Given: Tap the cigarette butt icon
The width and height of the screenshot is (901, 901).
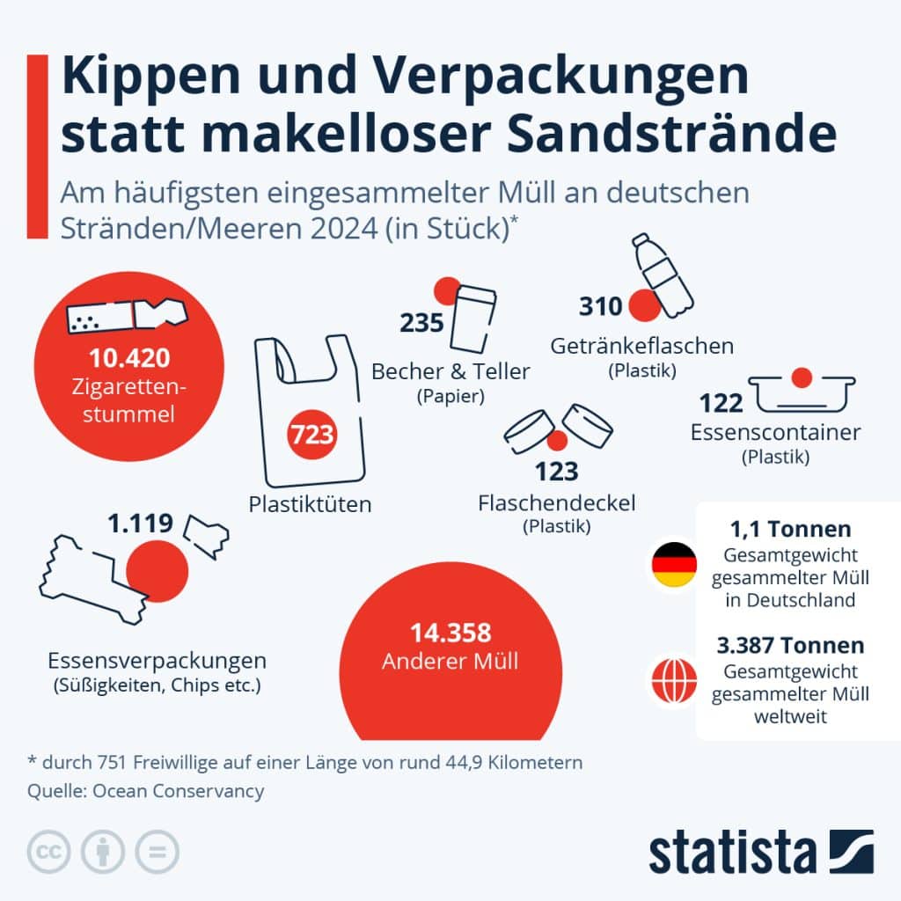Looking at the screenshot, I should pos(128,316).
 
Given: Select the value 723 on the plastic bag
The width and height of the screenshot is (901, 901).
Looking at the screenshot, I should pos(312,434).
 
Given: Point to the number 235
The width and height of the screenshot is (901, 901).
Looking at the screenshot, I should pos(421,323).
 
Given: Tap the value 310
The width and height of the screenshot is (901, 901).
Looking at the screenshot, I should pos(601,306).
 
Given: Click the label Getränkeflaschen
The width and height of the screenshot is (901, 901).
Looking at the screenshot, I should pos(641,345).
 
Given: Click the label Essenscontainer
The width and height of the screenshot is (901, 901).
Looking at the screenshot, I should pos(775,432).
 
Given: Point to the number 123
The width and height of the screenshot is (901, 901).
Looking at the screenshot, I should pos(556,471).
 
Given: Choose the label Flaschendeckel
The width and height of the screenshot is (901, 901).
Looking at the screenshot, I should pos(556,502).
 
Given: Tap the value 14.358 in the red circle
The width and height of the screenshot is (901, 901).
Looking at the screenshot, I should pos(450,633).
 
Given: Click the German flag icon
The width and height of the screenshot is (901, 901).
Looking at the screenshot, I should pos(674,565).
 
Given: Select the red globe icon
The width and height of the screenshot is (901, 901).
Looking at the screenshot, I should pos(674,678).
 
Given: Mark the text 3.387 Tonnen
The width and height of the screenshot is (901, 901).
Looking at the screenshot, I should pos(790,645).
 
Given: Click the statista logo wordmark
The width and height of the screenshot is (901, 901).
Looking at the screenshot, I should pos(732,853).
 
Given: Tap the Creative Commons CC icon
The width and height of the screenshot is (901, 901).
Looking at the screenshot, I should pos(49,852).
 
